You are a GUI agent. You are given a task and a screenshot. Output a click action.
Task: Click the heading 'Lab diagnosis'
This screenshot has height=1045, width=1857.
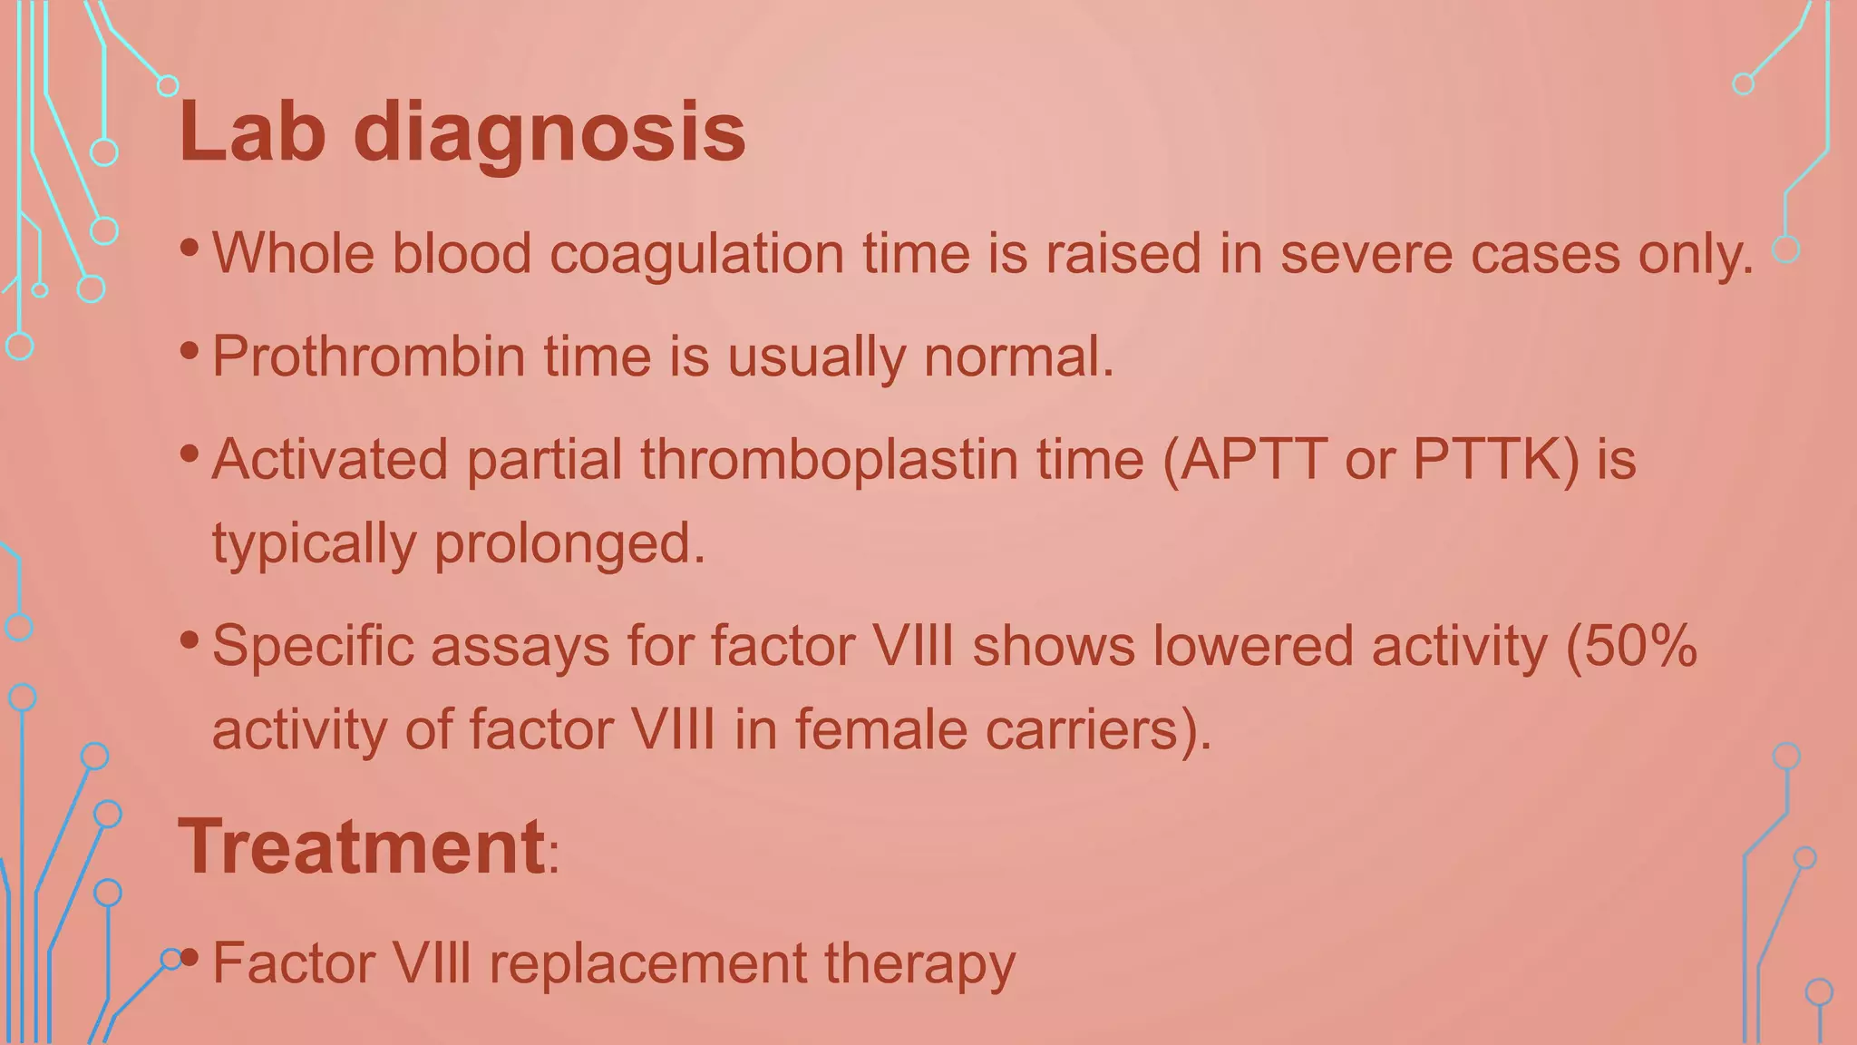(461, 133)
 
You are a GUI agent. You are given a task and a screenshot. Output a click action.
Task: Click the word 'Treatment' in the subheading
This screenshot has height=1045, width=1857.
(361, 847)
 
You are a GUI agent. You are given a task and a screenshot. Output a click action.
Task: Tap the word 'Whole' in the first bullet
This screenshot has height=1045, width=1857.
(293, 253)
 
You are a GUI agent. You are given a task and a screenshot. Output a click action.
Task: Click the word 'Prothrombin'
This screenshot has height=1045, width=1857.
(368, 356)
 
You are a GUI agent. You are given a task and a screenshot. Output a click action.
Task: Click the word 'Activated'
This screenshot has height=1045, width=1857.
(330, 459)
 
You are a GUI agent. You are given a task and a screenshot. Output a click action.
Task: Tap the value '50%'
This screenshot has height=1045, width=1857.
(1641, 647)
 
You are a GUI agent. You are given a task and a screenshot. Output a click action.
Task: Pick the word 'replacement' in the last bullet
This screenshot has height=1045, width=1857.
(647, 963)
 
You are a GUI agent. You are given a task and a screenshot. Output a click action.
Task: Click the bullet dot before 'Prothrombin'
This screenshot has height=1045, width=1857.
(189, 349)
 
